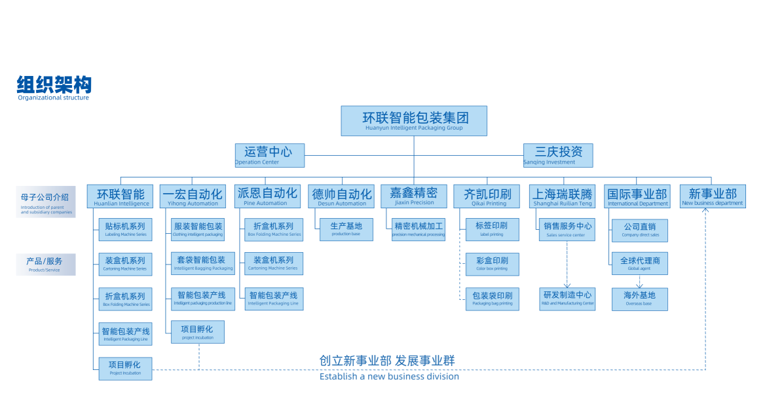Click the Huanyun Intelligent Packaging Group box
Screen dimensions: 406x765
[414, 120]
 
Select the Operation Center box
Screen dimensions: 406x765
[270, 155]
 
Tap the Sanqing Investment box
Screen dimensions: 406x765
[558, 155]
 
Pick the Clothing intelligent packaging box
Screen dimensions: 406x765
[198, 229]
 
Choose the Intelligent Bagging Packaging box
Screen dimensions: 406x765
[203, 263]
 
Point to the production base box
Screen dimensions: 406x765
[346, 229]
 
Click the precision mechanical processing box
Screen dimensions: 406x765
[419, 229]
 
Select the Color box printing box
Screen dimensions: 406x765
[492, 263]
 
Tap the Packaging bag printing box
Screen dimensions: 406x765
[492, 298]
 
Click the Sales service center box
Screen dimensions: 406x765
[567, 229]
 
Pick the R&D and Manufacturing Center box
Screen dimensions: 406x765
[567, 298]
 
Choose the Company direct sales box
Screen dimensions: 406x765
[640, 229]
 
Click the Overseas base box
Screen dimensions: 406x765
[639, 298]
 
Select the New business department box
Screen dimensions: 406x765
[712, 196]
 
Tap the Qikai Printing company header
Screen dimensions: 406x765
[487, 196]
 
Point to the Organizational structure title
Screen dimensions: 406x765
[54, 88]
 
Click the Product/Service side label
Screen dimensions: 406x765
[45, 264]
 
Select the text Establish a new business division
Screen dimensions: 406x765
[389, 377]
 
